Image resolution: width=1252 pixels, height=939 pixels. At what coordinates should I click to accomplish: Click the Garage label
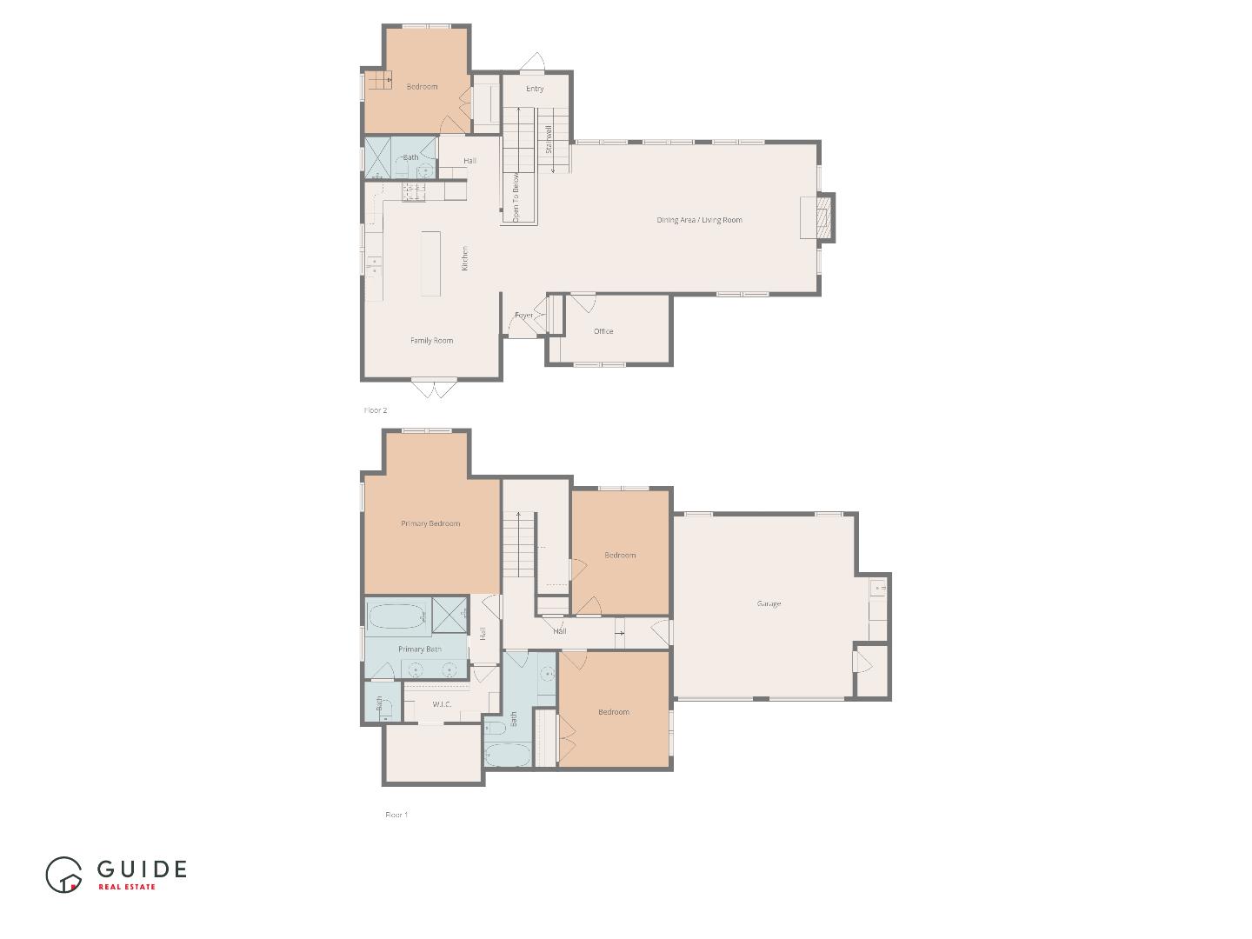pos(769,603)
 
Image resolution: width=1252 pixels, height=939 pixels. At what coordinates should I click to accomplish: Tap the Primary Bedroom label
pos(430,523)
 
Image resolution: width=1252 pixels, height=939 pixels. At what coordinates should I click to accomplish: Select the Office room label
pos(603,331)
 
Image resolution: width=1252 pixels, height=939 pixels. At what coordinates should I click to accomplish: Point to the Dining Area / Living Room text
pos(699,220)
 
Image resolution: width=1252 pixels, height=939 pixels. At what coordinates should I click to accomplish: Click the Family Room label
pos(432,341)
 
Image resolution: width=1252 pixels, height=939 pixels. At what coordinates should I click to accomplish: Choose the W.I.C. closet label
pos(442,704)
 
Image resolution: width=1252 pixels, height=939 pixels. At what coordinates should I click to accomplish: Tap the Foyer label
pos(523,316)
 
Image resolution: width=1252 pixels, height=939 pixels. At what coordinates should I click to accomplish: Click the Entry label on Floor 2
pos(535,89)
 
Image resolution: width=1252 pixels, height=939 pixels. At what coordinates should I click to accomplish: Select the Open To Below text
pos(516,197)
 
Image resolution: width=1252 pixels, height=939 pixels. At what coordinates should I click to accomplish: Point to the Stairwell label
pos(549,140)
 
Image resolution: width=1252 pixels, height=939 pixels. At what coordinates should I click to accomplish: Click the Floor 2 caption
pos(376,410)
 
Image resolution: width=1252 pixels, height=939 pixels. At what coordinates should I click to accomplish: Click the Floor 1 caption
pos(396,815)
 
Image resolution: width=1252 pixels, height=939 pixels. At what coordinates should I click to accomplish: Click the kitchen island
pos(431,263)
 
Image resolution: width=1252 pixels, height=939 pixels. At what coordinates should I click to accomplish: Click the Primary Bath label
pos(420,649)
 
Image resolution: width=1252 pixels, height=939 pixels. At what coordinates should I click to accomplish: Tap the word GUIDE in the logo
pos(142,869)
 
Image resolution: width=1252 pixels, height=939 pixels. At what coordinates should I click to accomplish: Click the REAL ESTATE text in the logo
pos(127,887)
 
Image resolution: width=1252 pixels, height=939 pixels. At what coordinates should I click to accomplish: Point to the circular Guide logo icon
pos(63,875)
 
